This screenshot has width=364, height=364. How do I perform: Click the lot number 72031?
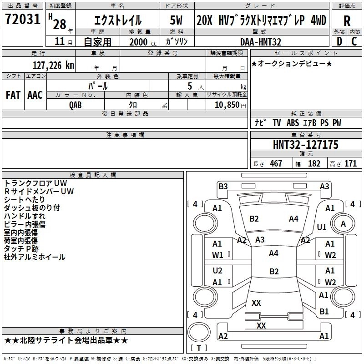pos(22,19)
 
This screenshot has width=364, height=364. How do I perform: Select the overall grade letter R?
pos(347,21)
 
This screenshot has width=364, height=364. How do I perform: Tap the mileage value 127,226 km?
pos(53,65)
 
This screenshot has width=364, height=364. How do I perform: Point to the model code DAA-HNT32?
pos(261,42)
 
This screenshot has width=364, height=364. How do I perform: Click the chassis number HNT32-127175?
pos(306,145)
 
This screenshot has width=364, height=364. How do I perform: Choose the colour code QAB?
pos(76,105)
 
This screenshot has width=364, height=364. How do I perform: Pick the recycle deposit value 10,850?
pos(227,105)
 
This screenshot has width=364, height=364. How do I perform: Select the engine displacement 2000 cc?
pos(143,42)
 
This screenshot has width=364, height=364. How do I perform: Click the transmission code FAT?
pos(13,95)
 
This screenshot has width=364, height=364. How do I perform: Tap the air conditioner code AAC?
pos(35,95)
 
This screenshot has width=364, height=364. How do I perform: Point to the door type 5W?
pos(176,20)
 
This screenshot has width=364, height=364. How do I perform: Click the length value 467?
pos(276,163)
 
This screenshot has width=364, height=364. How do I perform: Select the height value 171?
pos(350,163)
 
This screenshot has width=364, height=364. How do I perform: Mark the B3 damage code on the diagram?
pos(223,186)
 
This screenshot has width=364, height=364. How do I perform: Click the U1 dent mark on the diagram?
pos(322,227)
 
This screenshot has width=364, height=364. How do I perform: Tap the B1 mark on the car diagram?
pos(324,311)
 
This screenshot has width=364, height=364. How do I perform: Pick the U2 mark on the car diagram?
pos(217,270)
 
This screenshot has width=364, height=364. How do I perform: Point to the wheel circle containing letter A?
pos(343,224)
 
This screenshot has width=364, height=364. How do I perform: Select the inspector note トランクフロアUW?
pos(35,183)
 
